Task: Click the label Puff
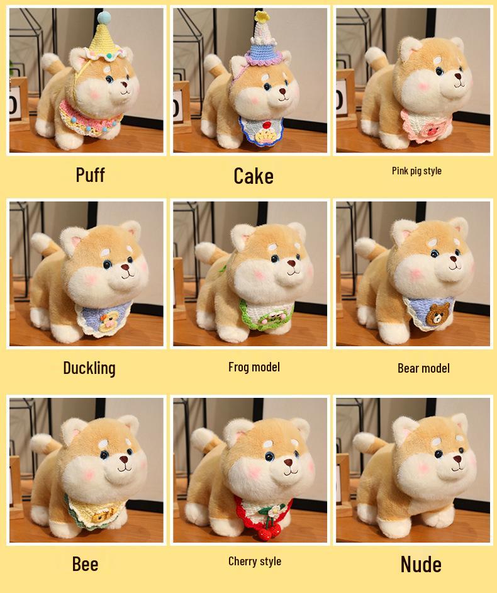[x=90, y=174]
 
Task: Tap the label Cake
[x=254, y=176]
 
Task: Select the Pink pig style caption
[x=416, y=171]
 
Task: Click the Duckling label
[x=89, y=368]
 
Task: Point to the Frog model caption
[x=254, y=367]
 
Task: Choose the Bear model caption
[x=423, y=368]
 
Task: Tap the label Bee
[x=85, y=563]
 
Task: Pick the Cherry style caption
[x=255, y=562]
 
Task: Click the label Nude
[x=421, y=564]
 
